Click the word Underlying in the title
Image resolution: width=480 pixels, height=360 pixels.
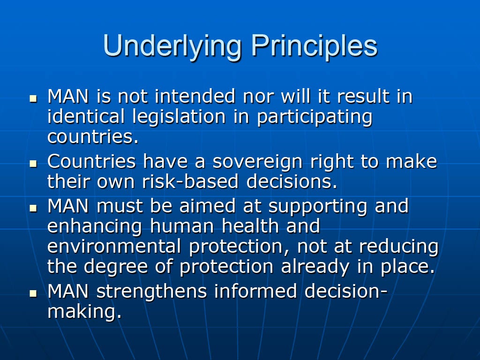pos(172,46)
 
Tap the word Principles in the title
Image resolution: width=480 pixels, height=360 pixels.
pos(315,46)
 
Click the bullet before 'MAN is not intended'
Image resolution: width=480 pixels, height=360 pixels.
pos(33,98)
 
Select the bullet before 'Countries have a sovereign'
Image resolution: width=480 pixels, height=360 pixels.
pos(33,164)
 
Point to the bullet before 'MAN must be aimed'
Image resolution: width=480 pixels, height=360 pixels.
pos(33,208)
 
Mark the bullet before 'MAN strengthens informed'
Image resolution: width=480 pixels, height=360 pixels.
pos(33,293)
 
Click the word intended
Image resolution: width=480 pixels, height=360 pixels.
pos(195,96)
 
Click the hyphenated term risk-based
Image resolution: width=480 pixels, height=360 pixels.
pos(190,181)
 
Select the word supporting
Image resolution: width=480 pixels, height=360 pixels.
pos(317,207)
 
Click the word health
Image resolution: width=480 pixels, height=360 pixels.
pos(250,226)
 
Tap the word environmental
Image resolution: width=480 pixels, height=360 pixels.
pos(114,247)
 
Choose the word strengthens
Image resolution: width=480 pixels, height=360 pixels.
pos(151,291)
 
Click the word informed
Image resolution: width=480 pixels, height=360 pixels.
pos(255,291)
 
